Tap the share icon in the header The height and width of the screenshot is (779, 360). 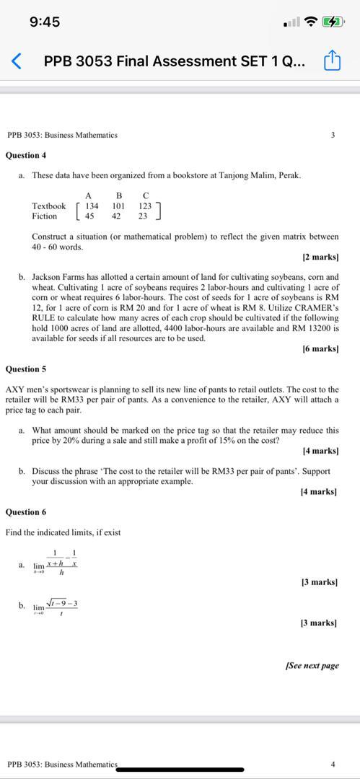coord(332,62)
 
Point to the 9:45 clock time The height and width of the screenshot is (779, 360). coord(45,22)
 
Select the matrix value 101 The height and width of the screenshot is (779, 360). coord(118,206)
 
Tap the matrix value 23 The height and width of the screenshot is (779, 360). coord(143,216)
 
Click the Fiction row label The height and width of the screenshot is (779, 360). coord(44,216)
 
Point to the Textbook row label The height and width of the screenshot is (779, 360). coord(48,206)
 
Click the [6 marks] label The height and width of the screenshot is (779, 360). coord(320,349)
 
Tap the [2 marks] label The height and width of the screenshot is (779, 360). coord(320,257)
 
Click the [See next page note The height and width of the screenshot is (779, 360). coord(312,666)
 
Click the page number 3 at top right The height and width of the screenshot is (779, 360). coord(332,135)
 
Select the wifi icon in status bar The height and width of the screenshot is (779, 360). coord(312,22)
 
